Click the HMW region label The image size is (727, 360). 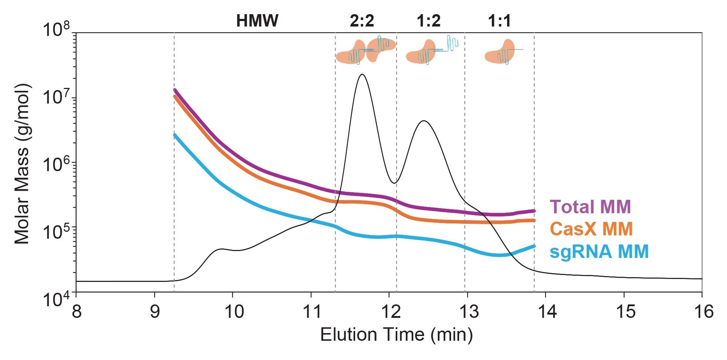257,21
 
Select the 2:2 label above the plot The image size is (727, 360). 362,21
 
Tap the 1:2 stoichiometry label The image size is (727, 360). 429,21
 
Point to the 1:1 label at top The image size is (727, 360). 499,21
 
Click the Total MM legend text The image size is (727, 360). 590,207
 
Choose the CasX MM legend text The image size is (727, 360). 591,229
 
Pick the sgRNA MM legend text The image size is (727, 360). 599,251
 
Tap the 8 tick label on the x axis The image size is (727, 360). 76,312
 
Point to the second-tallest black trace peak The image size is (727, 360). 423,121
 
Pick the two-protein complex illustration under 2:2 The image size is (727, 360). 365,50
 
